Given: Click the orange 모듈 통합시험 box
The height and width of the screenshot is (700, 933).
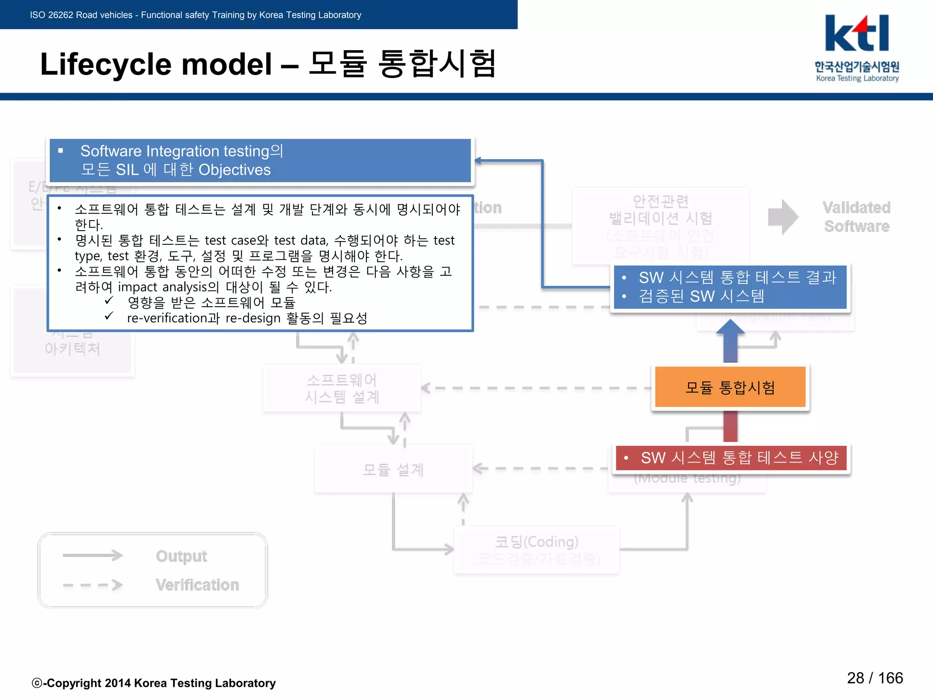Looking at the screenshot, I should (730, 387).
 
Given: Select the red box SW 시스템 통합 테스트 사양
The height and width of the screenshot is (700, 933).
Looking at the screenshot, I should (731, 458).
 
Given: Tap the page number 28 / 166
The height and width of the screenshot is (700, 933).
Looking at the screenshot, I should (874, 678).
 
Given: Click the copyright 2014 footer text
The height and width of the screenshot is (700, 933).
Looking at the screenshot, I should (154, 683).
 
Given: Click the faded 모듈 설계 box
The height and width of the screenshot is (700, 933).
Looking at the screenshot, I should (393, 469).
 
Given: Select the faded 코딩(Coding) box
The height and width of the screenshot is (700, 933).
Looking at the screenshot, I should (536, 549).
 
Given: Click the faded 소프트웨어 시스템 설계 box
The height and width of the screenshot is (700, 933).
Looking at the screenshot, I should (342, 388).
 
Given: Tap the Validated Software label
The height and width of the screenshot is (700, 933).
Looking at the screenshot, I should (856, 217).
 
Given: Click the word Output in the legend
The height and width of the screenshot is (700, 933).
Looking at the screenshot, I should (181, 556).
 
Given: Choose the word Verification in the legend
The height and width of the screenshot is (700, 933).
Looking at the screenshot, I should (197, 585).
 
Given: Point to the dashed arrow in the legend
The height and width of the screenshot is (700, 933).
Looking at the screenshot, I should (92, 585).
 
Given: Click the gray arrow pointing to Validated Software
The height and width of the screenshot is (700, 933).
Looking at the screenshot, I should (783, 217).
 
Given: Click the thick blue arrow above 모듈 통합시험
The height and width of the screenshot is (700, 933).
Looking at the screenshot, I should (730, 341).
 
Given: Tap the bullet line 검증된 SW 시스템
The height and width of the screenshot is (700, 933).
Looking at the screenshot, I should (701, 296).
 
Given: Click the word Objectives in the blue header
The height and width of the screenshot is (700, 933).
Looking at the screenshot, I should (235, 170).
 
